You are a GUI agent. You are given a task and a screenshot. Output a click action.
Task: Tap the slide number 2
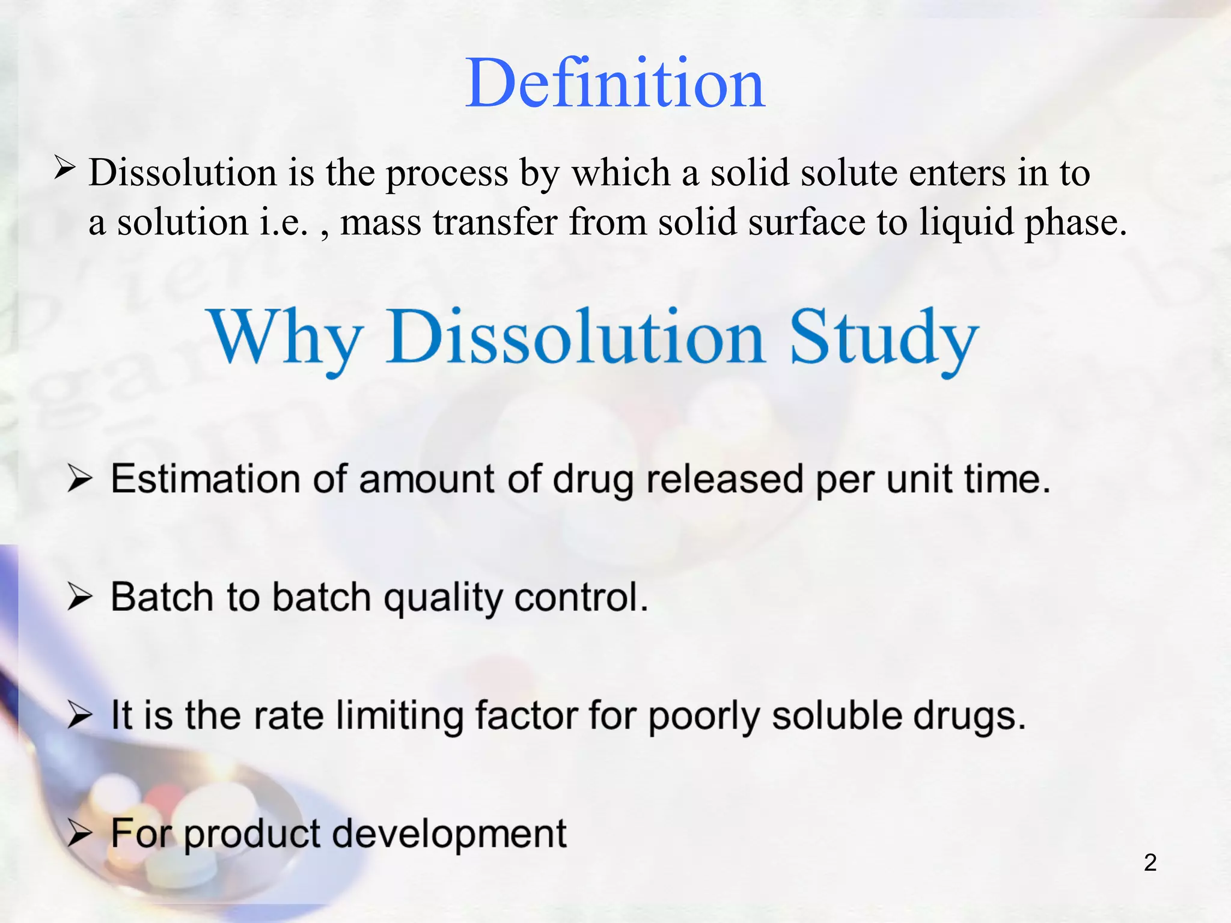[1150, 862]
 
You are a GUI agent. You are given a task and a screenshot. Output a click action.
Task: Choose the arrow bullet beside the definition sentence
[64, 168]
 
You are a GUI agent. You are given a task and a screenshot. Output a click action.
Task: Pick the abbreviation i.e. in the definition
[283, 222]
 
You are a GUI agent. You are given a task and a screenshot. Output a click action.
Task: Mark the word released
[725, 480]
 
